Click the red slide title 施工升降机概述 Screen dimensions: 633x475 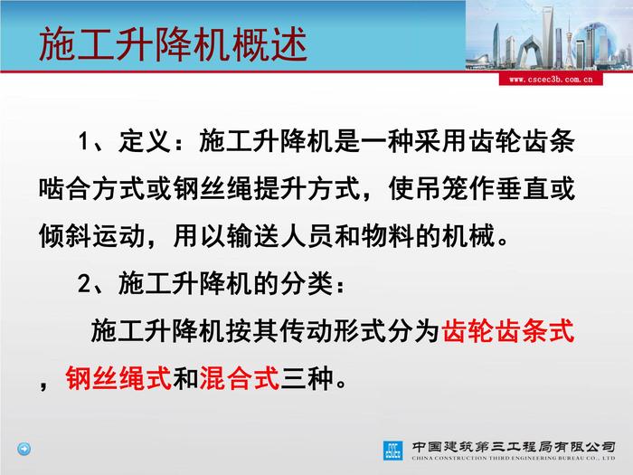(174, 44)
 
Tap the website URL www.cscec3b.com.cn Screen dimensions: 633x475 (551, 80)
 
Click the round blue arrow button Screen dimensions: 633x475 (24, 449)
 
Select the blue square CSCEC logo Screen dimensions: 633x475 (392, 451)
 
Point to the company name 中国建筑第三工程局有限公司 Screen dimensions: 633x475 (514, 447)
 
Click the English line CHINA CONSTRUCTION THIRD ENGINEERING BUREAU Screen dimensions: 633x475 (514, 458)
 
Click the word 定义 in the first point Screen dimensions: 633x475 (145, 141)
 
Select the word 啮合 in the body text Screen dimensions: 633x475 (65, 188)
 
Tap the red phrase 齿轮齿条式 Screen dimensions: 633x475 (508, 331)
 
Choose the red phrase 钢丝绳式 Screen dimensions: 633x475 (118, 378)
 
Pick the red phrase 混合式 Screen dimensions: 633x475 (240, 378)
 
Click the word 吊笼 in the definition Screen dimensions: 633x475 (441, 188)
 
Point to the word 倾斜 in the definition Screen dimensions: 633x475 (65, 236)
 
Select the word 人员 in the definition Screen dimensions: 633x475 (307, 236)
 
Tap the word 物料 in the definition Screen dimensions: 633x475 (388, 236)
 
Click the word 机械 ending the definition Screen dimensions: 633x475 (468, 236)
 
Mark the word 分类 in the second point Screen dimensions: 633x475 (307, 283)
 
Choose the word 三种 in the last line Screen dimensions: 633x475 (307, 378)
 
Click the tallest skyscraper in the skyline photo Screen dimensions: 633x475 (548, 36)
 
